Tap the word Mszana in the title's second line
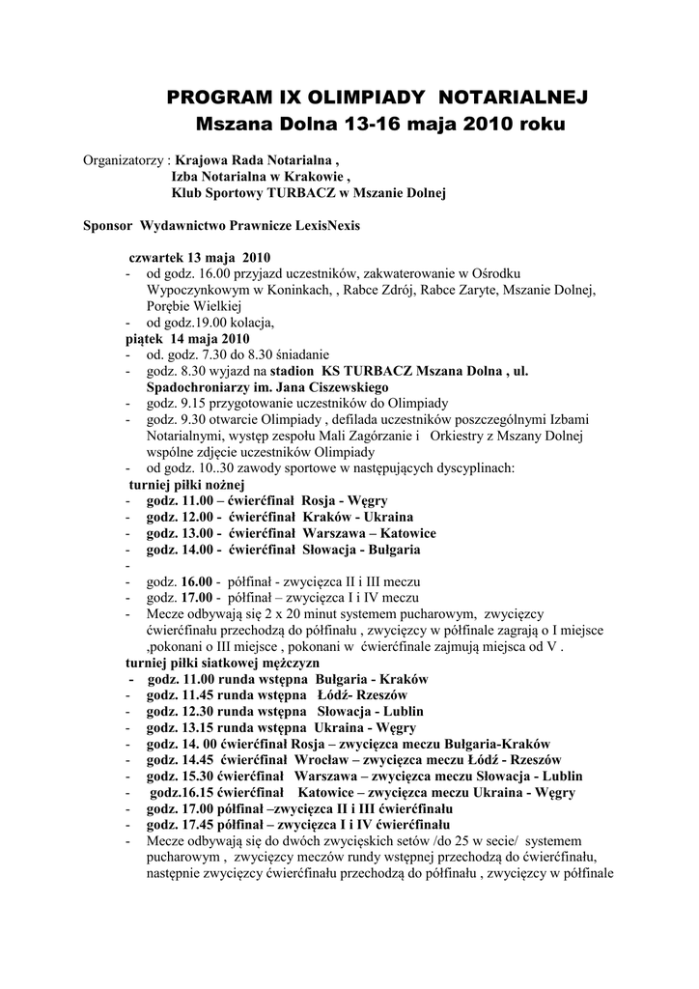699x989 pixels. (x=231, y=126)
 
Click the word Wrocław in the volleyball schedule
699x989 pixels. (x=313, y=759)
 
